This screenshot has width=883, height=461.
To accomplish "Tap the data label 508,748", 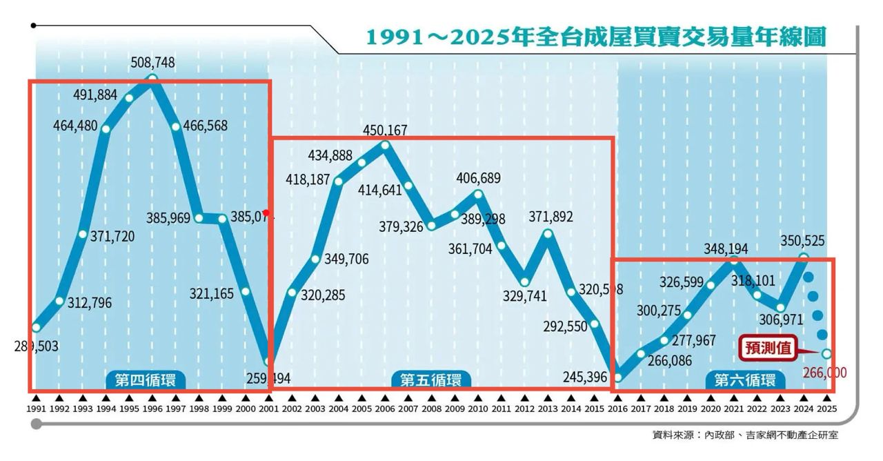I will coord(152,63).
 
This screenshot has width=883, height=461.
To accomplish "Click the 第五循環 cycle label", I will coord(431,380).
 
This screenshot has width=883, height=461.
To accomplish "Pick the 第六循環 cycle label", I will coord(744,380).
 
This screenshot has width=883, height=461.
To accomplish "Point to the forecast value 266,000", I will coord(825,373).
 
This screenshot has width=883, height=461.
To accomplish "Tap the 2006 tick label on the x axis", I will coord(385,409).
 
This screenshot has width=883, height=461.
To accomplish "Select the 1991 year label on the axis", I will coord(36,409).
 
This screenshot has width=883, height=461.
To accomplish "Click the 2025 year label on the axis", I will coord(826,409).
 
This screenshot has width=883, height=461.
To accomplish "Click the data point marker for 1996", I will coord(152,78).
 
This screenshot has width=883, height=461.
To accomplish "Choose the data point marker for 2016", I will coord(617,377).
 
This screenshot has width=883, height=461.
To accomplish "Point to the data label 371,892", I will coord(550,217).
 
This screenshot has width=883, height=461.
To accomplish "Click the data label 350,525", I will coord(803,241).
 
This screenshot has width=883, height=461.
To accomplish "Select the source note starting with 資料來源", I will coord(746,435).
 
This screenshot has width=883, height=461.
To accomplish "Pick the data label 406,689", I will coord(479,179).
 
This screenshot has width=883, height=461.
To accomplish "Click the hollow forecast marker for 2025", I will coord(826,354).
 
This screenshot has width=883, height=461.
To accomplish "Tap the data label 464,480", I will coord(77,126).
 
